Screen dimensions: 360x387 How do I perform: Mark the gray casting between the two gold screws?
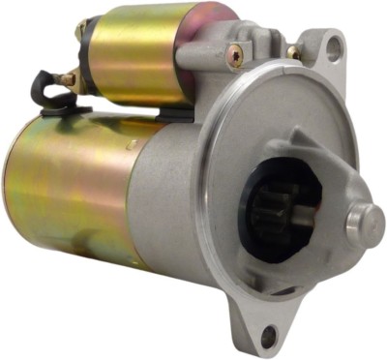(x=263, y=53)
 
